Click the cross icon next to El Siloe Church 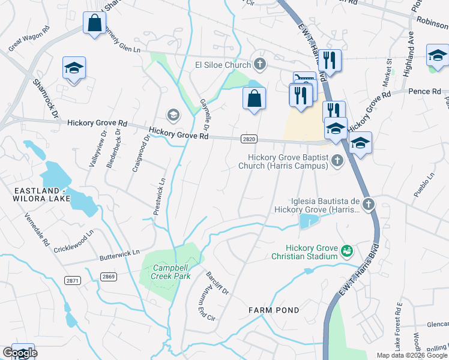coord(259,64)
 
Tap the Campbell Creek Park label coord(171,272)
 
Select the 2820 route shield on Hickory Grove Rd coord(250,139)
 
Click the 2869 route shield coord(109,276)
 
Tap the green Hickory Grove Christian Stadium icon coord(346,250)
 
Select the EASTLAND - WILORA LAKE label coord(47,195)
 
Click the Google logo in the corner coord(20,353)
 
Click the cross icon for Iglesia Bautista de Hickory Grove coord(368,205)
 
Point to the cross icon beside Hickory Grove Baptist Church coord(337,160)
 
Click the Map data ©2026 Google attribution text coord(412,355)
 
